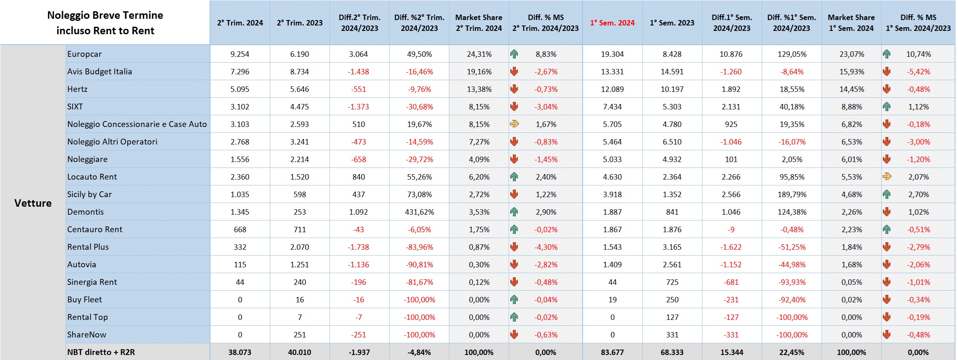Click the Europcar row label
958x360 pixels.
click(x=84, y=54)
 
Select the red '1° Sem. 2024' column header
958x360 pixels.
click(x=612, y=23)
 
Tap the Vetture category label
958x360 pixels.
click(x=33, y=203)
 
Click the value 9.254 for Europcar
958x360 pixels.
click(x=240, y=54)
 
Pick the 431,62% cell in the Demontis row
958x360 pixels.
click(x=419, y=212)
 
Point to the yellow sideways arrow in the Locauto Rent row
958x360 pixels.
click(x=887, y=177)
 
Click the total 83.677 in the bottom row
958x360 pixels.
click(x=612, y=352)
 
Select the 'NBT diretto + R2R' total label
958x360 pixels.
click(x=101, y=352)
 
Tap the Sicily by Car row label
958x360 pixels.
click(x=89, y=195)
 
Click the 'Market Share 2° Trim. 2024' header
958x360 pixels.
click(x=479, y=23)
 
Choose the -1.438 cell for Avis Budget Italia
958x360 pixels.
click(x=358, y=72)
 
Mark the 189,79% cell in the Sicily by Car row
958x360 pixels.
click(x=792, y=195)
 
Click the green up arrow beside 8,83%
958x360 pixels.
click(x=514, y=54)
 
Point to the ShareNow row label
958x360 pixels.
click(x=87, y=335)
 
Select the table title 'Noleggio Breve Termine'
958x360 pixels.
click(x=105, y=15)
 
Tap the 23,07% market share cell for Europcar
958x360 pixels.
click(x=852, y=54)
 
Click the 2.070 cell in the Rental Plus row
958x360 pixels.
click(x=299, y=247)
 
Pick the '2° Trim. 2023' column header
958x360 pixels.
click(x=299, y=23)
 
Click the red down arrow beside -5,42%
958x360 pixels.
click(x=887, y=71)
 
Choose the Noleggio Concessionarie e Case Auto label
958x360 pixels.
click(x=137, y=124)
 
